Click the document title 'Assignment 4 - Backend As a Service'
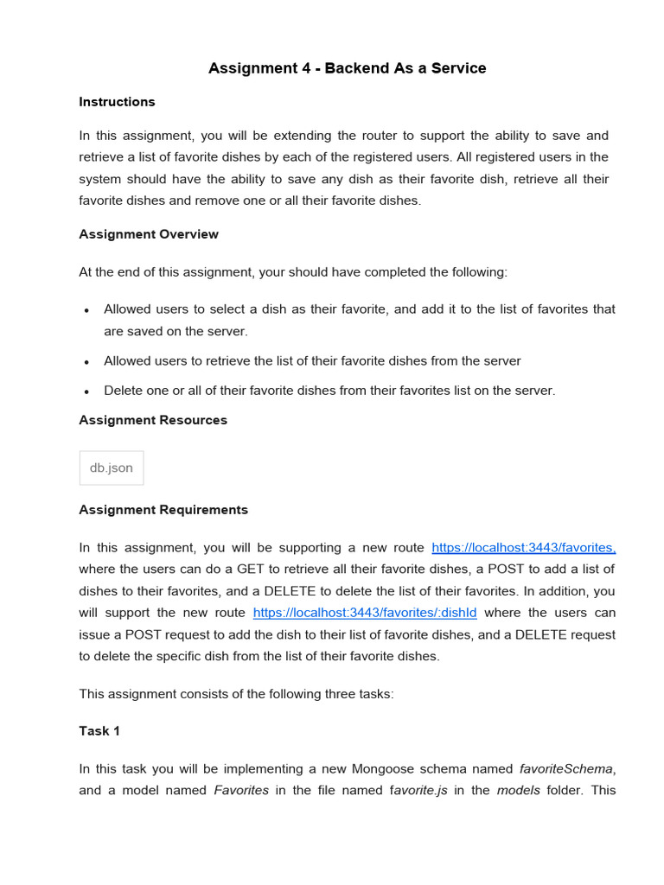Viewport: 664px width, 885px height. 347,68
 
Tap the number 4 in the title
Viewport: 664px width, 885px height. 295,68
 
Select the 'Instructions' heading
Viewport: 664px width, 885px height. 117,102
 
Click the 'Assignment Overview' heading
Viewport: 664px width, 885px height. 149,234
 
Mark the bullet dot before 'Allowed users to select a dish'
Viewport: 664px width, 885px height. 86,310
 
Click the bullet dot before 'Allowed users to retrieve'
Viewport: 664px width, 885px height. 86,362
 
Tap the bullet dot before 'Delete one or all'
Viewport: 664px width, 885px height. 86,392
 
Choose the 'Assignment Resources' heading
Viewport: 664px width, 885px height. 153,420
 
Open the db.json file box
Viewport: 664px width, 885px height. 112,468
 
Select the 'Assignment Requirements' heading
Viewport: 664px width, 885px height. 163,510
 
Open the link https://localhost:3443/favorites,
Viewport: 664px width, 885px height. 523,548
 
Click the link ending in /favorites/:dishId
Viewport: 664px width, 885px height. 364,613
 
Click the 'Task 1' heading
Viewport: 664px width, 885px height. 99,731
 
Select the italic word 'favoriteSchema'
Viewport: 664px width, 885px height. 566,769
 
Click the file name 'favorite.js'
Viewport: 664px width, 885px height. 418,791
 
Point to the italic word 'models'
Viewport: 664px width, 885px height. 518,791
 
